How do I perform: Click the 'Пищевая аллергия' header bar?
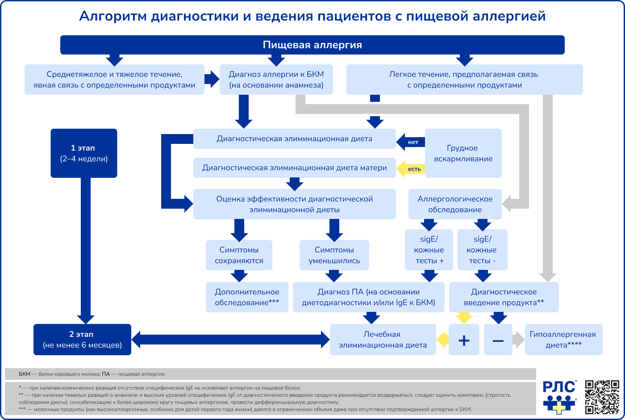[312, 45]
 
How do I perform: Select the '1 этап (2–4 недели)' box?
[84, 153]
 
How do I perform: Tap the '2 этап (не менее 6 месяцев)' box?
[82, 340]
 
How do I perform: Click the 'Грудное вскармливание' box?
[463, 153]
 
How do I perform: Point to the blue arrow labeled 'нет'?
[411, 142]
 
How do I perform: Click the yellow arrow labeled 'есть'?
[411, 169]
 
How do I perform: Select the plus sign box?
[464, 340]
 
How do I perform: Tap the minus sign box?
[498, 340]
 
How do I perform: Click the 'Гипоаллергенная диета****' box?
[563, 340]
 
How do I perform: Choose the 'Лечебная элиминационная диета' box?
[383, 340]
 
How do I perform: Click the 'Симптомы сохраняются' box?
[239, 255]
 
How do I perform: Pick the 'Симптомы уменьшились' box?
[334, 255]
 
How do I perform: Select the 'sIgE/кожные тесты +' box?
[429, 250]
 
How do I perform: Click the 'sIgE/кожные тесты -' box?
[482, 250]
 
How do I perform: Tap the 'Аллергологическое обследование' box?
[455, 204]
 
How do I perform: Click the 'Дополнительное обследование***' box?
[247, 297]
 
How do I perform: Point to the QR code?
[602, 397]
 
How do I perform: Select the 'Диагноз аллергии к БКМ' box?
[276, 80]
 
